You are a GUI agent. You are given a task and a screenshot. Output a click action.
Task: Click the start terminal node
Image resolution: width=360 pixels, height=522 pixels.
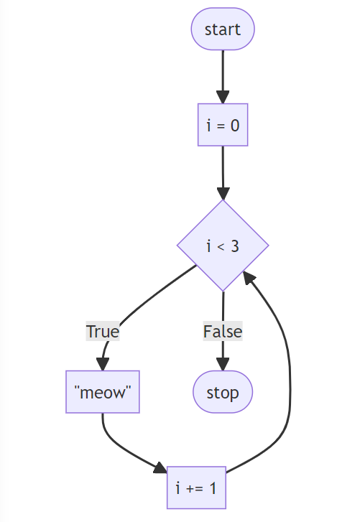[x=223, y=29]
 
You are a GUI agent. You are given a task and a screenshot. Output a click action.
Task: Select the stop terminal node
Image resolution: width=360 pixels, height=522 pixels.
[x=223, y=393]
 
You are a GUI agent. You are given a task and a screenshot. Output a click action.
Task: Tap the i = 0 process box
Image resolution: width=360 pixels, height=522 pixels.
[x=223, y=126]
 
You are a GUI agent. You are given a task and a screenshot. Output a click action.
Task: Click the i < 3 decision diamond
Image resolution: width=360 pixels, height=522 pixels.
[x=223, y=246]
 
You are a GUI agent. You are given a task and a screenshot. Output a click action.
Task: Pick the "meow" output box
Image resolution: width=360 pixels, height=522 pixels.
[x=103, y=392]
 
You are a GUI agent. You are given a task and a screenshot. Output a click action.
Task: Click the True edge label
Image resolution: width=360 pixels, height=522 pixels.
[x=103, y=332]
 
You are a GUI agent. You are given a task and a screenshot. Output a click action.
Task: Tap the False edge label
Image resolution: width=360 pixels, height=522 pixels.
[x=223, y=332]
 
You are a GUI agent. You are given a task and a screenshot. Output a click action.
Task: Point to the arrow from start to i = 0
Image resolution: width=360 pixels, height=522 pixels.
[x=223, y=72]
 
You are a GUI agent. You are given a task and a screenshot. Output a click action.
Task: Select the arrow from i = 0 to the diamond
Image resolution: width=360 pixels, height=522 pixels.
[x=223, y=169]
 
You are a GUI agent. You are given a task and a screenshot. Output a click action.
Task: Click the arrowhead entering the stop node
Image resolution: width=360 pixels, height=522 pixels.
[x=223, y=365]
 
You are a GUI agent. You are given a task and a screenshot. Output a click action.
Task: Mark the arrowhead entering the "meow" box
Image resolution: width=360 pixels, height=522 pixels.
[x=104, y=363]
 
